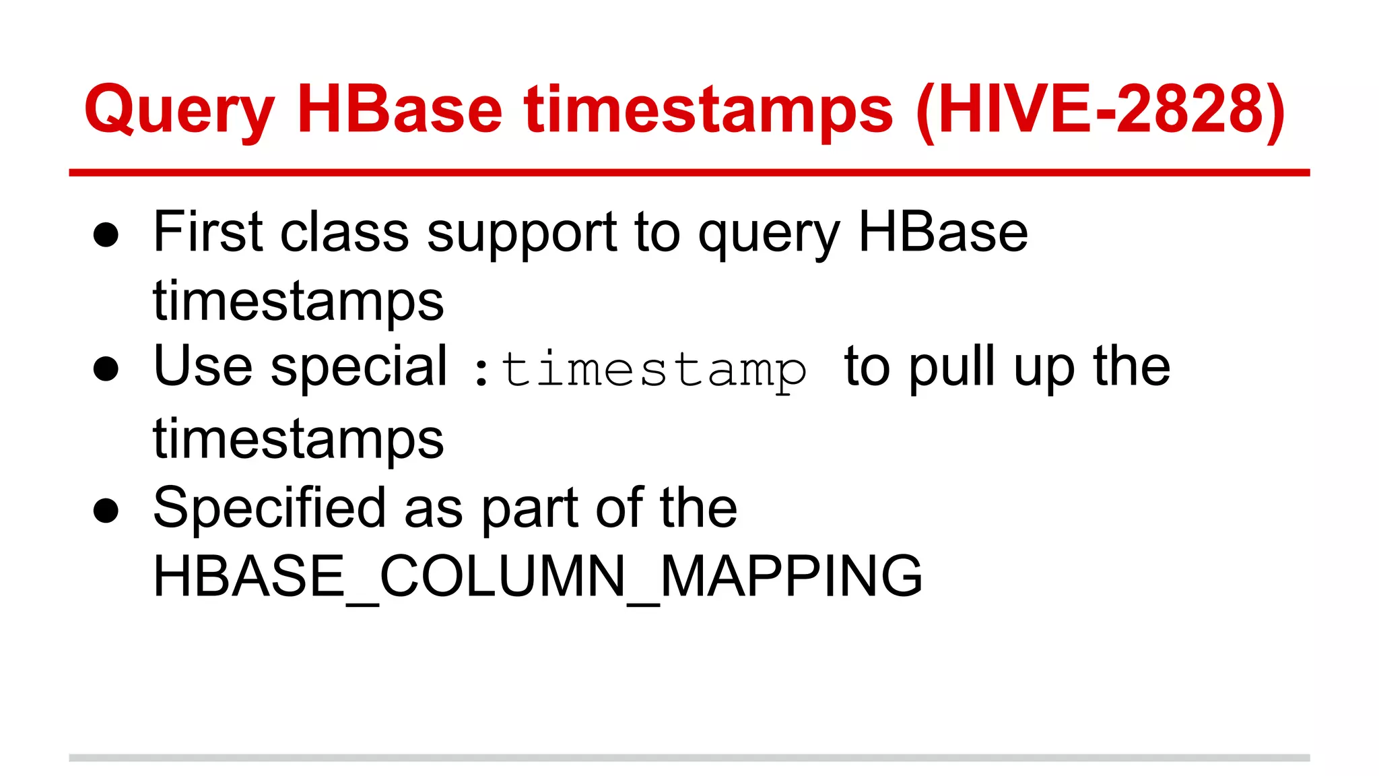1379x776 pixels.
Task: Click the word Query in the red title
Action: [x=179, y=111]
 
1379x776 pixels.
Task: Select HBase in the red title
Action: [x=399, y=109]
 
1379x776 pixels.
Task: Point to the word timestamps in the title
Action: [x=708, y=111]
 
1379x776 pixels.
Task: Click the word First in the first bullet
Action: [x=207, y=232]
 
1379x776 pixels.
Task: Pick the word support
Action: [x=522, y=234]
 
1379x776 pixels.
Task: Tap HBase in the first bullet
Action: [x=943, y=232]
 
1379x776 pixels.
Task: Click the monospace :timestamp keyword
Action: [x=640, y=370]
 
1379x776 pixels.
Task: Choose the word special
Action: [x=358, y=368]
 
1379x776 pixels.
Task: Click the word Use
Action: [x=203, y=366]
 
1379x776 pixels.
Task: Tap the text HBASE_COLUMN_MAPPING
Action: [x=537, y=577]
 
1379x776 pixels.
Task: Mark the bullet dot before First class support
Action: [x=106, y=235]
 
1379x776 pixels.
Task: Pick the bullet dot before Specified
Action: [x=106, y=510]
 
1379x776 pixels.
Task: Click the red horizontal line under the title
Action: [x=689, y=173]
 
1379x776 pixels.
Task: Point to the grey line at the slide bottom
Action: [x=689, y=758]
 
